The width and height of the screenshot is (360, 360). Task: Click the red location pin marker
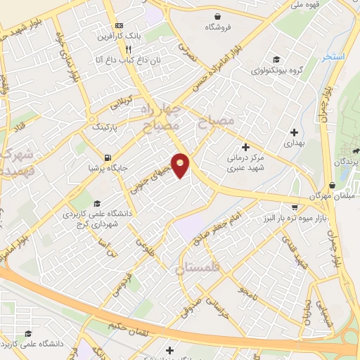point(181,165)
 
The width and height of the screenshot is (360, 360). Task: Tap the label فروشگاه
point(218,27)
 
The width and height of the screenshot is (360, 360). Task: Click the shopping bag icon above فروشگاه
point(218,15)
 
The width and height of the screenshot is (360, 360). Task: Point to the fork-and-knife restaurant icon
point(128,49)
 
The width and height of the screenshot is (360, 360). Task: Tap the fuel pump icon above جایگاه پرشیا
point(106,157)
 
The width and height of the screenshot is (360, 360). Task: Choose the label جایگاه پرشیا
point(106,169)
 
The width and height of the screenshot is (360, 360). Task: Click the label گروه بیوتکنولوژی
point(276,70)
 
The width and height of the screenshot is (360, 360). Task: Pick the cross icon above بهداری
point(294,131)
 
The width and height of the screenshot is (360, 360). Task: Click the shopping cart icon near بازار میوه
point(294,207)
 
